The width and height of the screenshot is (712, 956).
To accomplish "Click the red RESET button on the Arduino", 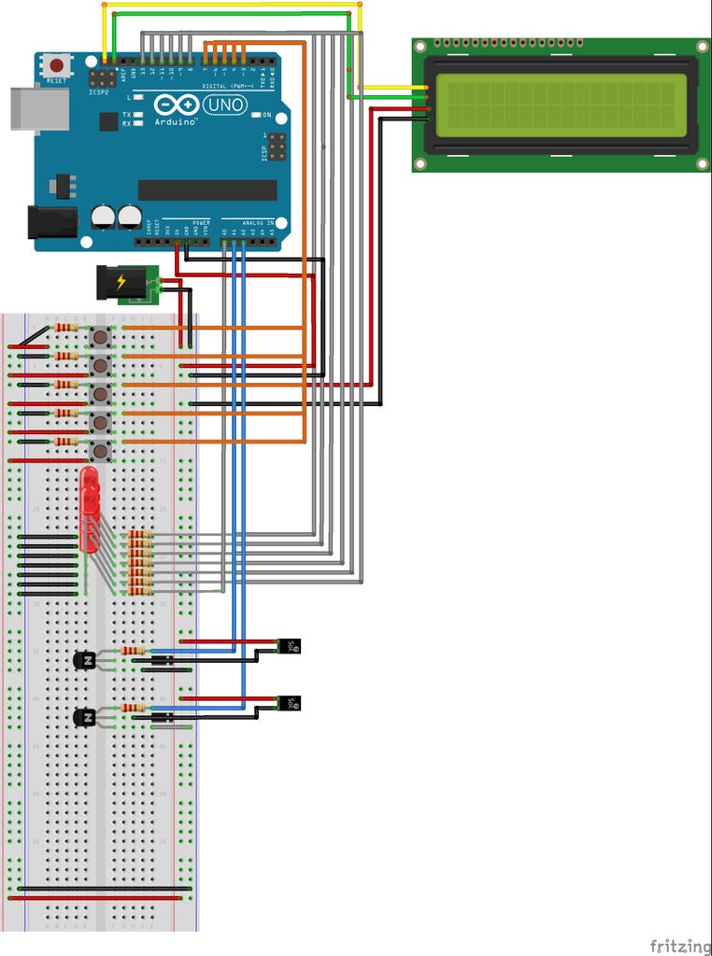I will tap(58, 66).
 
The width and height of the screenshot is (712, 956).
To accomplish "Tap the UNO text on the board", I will tap(227, 105).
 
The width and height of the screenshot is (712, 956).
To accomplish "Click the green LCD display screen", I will tap(560, 101).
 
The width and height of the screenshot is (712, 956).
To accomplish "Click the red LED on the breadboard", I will tap(90, 509).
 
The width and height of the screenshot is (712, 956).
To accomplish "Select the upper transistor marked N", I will tap(85, 660).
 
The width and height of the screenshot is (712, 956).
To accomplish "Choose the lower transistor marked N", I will tap(85, 717).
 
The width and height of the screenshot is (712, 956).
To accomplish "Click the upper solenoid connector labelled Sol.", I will tap(291, 646).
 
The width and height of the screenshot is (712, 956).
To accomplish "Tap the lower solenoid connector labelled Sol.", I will tap(291, 703).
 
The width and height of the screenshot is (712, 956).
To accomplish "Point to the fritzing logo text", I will tap(677, 945).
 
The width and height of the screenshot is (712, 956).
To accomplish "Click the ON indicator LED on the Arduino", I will tap(254, 116).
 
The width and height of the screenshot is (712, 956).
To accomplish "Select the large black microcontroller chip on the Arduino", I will tap(207, 190).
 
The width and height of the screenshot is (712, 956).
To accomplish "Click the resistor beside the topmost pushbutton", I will tap(66, 328).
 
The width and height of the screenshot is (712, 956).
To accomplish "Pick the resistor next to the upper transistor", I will tap(134, 651).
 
